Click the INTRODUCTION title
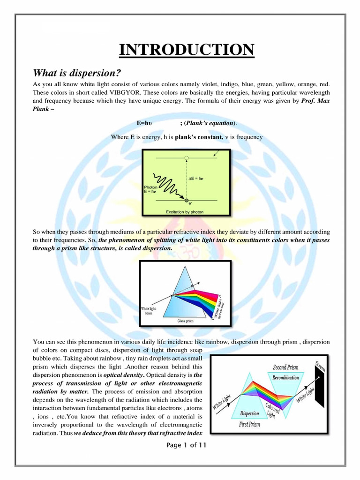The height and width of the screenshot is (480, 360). pos(186,49)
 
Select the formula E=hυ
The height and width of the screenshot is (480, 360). pos(145,123)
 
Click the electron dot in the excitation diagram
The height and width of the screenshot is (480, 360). pos(187,201)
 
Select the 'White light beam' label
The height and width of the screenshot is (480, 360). pos(151,311)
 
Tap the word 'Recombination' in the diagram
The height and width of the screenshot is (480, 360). pos(285,377)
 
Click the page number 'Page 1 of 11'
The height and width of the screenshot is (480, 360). pos(186,445)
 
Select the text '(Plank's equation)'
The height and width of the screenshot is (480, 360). pos(210,123)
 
